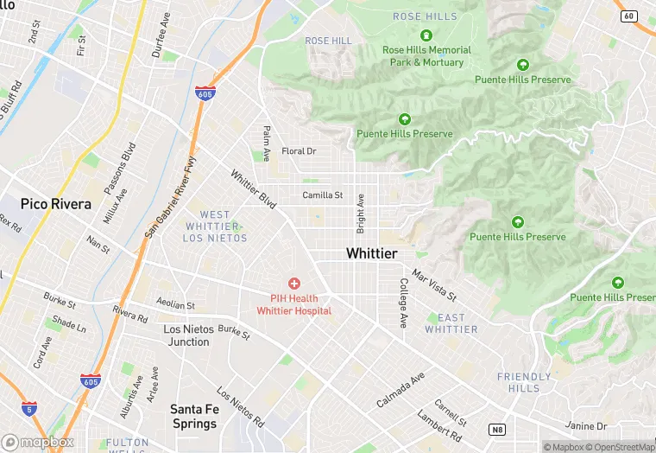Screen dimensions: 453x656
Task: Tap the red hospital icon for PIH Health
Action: [294, 283]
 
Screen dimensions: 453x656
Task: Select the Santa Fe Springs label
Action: [193, 416]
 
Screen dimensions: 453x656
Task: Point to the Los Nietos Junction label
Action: [186, 335]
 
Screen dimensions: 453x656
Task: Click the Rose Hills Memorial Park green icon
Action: [426, 35]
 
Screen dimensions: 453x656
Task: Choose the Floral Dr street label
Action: [299, 151]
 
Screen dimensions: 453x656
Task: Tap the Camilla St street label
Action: [322, 195]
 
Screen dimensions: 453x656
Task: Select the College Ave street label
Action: [403, 303]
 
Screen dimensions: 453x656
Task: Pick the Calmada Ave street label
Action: [401, 391]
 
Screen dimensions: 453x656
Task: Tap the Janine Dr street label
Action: [586, 425]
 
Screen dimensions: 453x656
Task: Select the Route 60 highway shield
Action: [628, 16]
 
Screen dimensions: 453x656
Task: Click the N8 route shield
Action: [496, 429]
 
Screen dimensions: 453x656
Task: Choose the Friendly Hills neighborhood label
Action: [524, 383]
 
